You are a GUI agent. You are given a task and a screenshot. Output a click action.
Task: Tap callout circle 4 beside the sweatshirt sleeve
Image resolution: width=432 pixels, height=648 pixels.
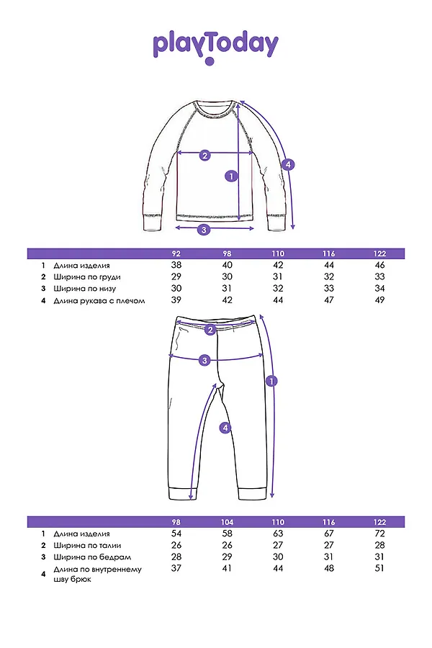point(288,164)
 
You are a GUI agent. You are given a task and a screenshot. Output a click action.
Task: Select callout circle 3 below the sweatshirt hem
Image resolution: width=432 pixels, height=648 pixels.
point(204,230)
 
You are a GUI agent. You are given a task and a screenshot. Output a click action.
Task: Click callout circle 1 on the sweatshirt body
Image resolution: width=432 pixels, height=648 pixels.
point(231,176)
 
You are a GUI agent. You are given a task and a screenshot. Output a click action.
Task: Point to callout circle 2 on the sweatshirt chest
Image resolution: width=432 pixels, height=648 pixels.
point(204,155)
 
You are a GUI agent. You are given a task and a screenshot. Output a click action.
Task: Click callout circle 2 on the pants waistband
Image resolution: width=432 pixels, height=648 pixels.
point(211,330)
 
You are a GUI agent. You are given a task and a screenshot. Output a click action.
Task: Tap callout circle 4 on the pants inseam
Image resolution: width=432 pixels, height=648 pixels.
point(225,428)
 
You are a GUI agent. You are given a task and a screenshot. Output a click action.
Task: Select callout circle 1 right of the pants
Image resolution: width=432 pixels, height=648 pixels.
point(271,381)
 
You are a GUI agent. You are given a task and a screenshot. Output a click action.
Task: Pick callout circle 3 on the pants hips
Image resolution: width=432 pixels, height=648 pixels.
point(204,360)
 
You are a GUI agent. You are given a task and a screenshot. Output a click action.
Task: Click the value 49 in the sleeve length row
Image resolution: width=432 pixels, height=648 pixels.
point(380,300)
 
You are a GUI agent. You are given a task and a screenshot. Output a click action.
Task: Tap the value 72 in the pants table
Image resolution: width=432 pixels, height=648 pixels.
point(380,534)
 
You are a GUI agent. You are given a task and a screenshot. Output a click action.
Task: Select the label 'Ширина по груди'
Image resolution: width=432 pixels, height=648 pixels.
point(87,277)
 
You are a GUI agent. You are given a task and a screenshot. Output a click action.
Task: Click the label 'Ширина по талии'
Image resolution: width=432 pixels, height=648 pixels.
point(88,545)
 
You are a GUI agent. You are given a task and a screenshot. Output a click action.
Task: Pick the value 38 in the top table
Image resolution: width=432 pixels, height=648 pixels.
point(176,266)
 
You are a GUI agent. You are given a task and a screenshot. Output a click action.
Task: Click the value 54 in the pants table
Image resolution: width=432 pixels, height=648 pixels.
point(176,534)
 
